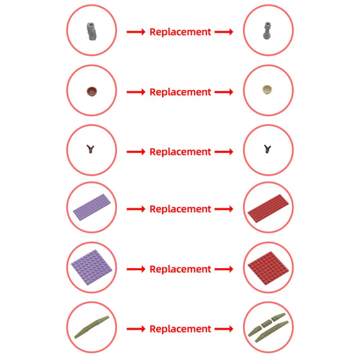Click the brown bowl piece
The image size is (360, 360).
tap(92, 91)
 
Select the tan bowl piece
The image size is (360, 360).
tap(267, 90)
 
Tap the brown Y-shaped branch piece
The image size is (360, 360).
tap(90, 149)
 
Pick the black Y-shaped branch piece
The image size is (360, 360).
tap(267, 149)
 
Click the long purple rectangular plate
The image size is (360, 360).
tap(92, 207)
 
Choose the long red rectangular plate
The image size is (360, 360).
tap(268, 208)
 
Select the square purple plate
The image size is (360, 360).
tap(92, 267)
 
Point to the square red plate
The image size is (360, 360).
tap(268, 268)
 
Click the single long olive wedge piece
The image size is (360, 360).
tap(92, 327)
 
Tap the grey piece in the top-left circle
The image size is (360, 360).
tap(91, 31)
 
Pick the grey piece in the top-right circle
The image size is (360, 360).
tap(267, 31)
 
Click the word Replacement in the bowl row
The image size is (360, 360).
tap(180, 92)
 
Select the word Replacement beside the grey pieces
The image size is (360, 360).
tap(180, 32)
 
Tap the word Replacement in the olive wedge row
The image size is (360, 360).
tap(180, 329)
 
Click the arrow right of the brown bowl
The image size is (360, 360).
tap(136, 92)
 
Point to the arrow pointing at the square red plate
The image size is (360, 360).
tap(224, 269)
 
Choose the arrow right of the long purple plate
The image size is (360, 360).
tap(136, 209)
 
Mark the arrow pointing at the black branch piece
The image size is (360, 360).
tap(224, 152)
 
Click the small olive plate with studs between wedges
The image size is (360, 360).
tap(266, 323)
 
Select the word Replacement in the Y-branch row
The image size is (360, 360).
tap(180, 152)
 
